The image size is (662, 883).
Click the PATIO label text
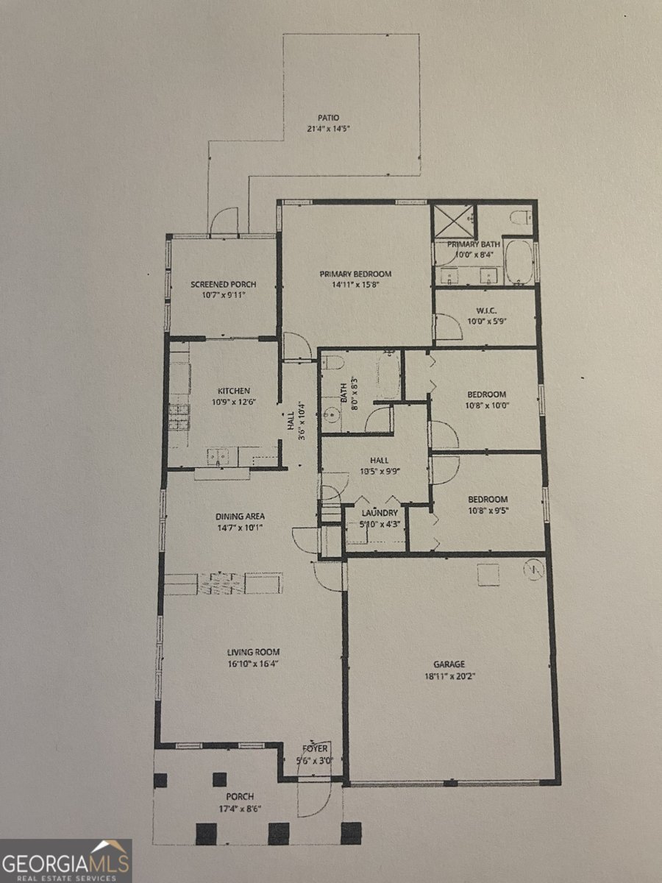coord(328,118)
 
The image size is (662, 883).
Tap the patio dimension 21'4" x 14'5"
coord(328,129)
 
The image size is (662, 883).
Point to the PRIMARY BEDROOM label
coord(355,274)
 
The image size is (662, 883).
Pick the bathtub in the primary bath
coord(520,262)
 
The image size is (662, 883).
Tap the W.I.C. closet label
coord(483,311)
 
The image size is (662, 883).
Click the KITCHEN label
coord(233,391)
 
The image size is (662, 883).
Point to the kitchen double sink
coord(217,456)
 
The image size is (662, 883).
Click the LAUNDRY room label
coord(380,513)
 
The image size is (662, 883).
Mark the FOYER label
coord(313,748)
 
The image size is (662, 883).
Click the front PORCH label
coord(240,797)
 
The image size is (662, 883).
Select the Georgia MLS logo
coord(66,860)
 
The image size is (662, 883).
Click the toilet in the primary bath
coord(520,217)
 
